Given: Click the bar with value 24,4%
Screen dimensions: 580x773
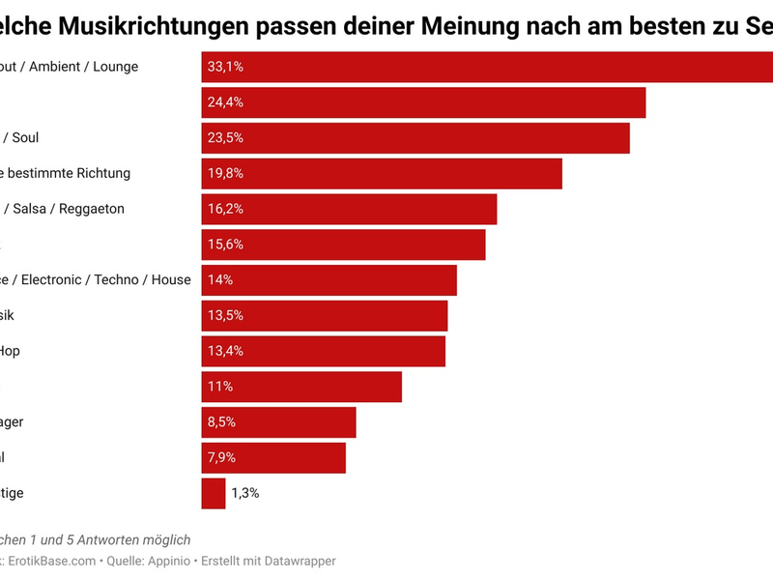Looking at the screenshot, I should click(423, 101).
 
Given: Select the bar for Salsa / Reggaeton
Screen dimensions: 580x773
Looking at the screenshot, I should click(349, 209).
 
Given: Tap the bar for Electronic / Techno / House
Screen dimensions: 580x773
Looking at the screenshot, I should click(329, 280).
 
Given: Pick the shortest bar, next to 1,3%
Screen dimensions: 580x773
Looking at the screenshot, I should click(214, 493).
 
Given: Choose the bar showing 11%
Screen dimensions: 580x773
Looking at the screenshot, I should click(301, 387).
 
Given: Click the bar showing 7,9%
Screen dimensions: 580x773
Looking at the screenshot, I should click(273, 457).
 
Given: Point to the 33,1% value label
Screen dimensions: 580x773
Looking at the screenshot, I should click(225, 67).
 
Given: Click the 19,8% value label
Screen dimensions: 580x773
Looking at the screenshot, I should click(225, 173).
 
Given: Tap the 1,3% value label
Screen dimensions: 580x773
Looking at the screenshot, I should click(244, 493).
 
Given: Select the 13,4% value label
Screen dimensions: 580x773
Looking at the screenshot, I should click(225, 351).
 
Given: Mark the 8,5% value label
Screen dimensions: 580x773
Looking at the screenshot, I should click(221, 422).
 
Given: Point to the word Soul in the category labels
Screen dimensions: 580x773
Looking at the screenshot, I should click(25, 137).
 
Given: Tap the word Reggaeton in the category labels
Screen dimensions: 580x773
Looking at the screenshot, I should click(91, 209).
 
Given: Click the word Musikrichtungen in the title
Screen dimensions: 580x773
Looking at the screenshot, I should click(135, 26).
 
